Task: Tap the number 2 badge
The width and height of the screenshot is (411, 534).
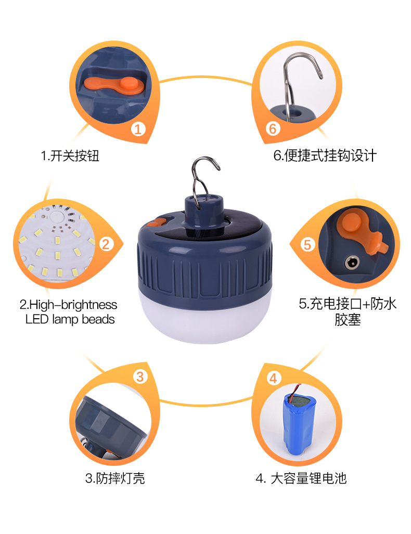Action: tap(106, 243)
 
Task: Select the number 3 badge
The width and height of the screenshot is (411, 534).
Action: tap(140, 376)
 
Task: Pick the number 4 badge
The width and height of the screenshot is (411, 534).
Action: tap(274, 378)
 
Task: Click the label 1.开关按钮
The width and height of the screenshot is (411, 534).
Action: tap(70, 155)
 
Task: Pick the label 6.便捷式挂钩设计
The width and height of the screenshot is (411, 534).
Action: tap(325, 155)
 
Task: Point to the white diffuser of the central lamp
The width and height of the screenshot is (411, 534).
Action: tap(204, 323)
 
